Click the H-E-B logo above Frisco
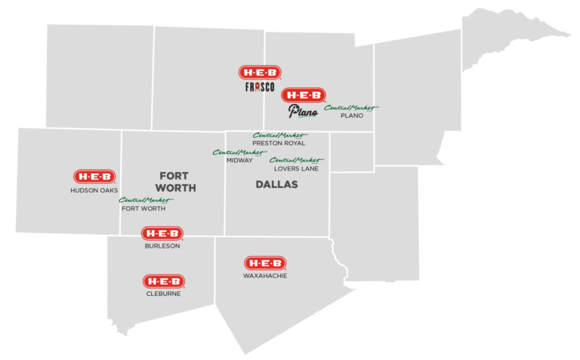[x=261, y=72]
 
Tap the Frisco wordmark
[x=259, y=88]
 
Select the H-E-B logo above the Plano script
[x=304, y=95]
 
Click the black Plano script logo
[x=302, y=112]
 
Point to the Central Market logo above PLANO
[x=351, y=108]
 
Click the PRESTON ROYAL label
[x=279, y=143]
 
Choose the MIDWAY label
[x=239, y=159]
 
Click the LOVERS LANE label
[x=295, y=168]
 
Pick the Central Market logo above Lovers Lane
[x=296, y=160]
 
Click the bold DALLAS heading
[x=277, y=185]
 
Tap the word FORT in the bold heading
[x=174, y=176]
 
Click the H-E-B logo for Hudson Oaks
[x=94, y=176]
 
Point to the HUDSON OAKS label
[x=94, y=190]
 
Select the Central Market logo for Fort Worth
[x=145, y=200]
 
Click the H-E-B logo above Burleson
[x=163, y=234]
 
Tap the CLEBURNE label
[x=163, y=294]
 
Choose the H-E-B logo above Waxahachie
[x=265, y=263]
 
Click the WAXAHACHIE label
[x=265, y=275]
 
